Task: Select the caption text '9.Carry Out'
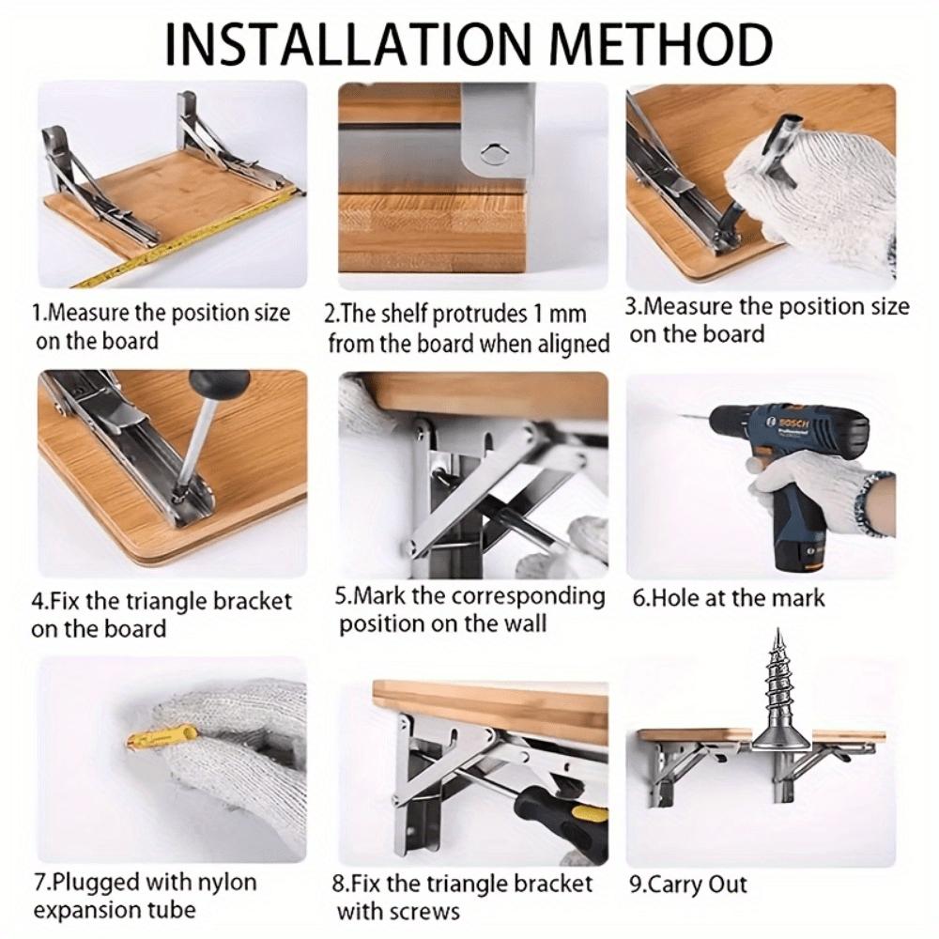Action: [689, 885]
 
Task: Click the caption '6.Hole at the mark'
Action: [729, 597]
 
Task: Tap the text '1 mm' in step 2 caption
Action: [556, 314]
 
